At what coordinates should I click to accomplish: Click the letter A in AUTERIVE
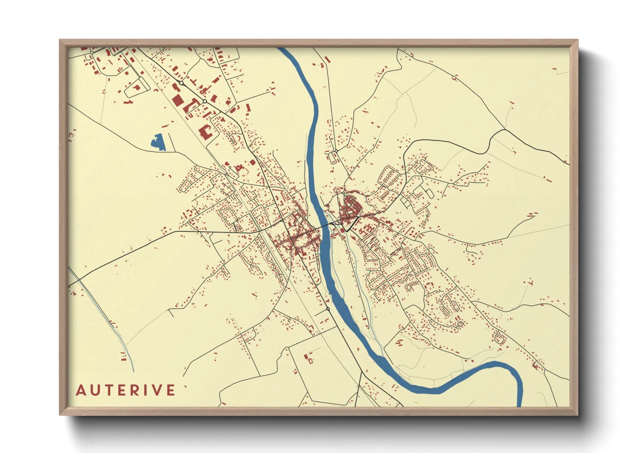tap(81, 390)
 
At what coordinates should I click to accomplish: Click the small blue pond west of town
tap(159, 143)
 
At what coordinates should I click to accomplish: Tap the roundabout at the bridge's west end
tap(315, 229)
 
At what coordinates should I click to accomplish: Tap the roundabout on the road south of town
tap(328, 309)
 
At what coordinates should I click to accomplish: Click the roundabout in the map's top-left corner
tap(92, 52)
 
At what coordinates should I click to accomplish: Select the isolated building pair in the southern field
tap(308, 358)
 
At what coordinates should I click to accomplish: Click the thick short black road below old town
tap(352, 224)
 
